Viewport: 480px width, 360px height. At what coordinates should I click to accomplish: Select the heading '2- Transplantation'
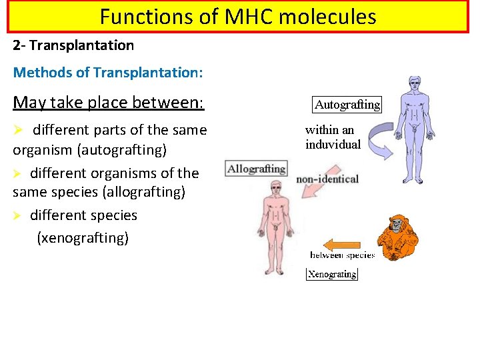point(73,45)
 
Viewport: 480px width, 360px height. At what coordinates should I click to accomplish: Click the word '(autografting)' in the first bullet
point(122,150)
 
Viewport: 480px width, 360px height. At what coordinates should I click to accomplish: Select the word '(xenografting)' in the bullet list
point(83,237)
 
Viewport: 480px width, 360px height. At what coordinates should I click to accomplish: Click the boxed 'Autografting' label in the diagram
point(347,105)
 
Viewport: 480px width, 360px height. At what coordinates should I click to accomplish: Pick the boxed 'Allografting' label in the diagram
point(256,168)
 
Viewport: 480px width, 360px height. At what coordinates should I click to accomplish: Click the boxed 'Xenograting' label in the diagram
point(331,274)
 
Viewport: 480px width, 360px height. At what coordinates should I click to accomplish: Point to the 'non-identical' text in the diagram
point(327,179)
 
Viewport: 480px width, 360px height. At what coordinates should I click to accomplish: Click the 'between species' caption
point(342,255)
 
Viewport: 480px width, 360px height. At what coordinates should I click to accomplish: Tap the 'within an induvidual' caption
point(333,137)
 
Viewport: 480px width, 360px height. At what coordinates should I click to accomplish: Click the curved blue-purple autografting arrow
point(371,143)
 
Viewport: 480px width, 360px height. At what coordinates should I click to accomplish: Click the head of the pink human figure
point(274,188)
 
